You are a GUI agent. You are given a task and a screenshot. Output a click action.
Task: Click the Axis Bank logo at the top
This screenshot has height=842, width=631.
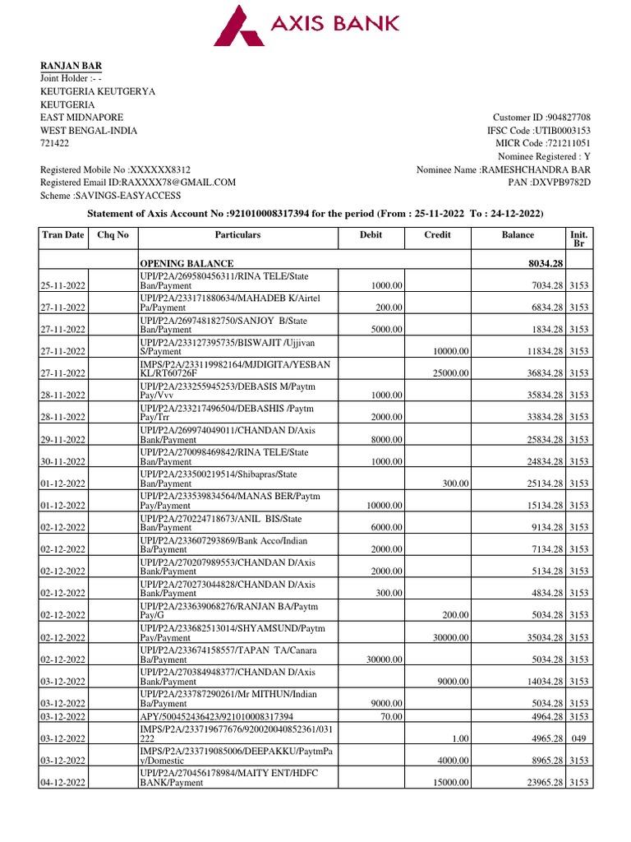[x=306, y=25]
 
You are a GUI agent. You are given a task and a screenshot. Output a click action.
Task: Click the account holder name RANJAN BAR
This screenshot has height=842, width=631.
[x=71, y=66]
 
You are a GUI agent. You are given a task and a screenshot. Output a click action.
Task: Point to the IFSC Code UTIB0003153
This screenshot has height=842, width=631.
[x=563, y=131]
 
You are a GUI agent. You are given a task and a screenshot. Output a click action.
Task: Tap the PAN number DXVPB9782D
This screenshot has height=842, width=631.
[x=563, y=183]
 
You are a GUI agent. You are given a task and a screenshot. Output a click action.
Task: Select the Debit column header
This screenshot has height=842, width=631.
[x=371, y=235]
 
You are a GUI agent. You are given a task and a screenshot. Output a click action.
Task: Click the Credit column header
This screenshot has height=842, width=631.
[x=437, y=235]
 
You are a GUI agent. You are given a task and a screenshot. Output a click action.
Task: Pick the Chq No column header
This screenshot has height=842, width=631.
[x=113, y=235]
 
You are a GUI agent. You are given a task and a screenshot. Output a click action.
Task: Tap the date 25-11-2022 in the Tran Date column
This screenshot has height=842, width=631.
[x=64, y=285]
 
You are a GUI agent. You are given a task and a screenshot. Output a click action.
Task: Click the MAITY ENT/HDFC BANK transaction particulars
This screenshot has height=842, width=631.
[x=214, y=777]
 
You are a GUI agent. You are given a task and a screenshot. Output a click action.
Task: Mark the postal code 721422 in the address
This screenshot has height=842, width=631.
[x=56, y=144]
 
